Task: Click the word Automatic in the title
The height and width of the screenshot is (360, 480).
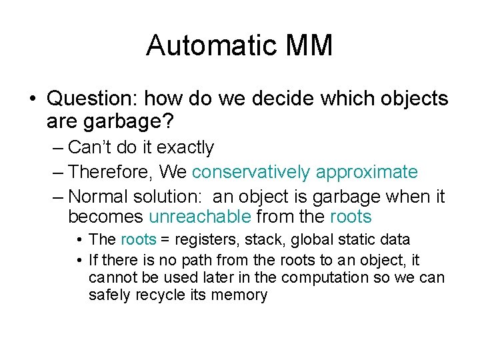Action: [203, 45]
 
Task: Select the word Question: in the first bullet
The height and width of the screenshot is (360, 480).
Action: [92, 99]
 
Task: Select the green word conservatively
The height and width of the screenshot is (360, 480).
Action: [251, 172]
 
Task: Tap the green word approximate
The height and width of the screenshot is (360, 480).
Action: [367, 172]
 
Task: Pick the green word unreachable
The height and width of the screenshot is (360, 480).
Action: [200, 217]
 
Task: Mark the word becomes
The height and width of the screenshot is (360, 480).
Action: [105, 217]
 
